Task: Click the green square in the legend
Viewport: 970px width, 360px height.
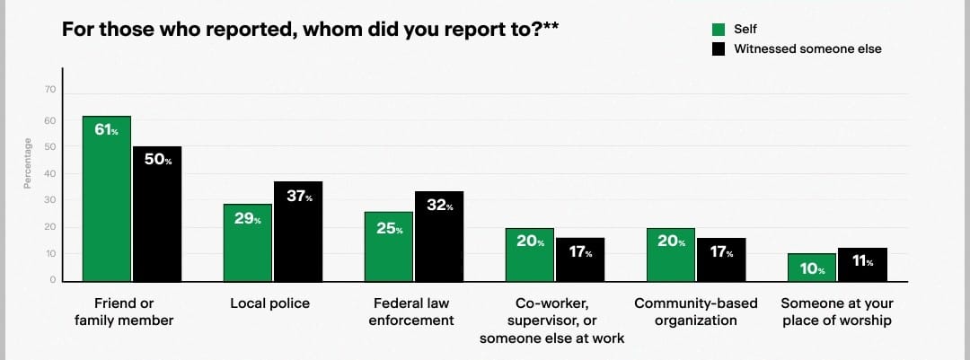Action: (x=719, y=29)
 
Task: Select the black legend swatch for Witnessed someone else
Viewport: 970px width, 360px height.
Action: (x=719, y=48)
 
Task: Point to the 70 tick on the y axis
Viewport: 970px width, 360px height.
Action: (x=50, y=90)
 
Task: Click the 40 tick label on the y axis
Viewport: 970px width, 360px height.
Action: (x=50, y=173)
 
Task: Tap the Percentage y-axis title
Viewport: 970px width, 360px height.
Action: (x=28, y=163)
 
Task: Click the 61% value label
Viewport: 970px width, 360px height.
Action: (x=106, y=130)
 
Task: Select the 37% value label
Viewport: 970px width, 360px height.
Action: (x=299, y=196)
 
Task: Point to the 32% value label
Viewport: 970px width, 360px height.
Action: (x=440, y=206)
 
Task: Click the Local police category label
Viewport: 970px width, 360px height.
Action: (x=269, y=303)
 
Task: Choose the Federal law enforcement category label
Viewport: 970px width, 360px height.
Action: (x=411, y=312)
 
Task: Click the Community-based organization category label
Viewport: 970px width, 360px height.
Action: (x=696, y=312)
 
